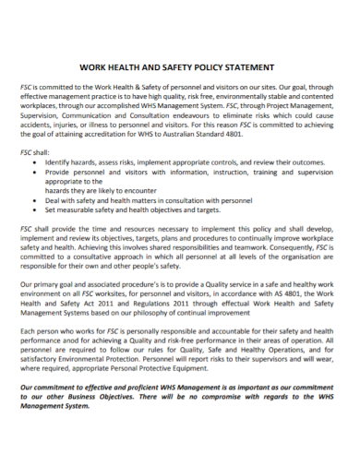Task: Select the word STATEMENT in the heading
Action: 249,67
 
